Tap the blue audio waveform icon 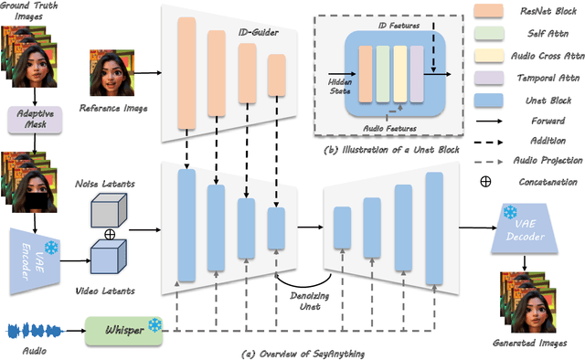click(32, 329)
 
